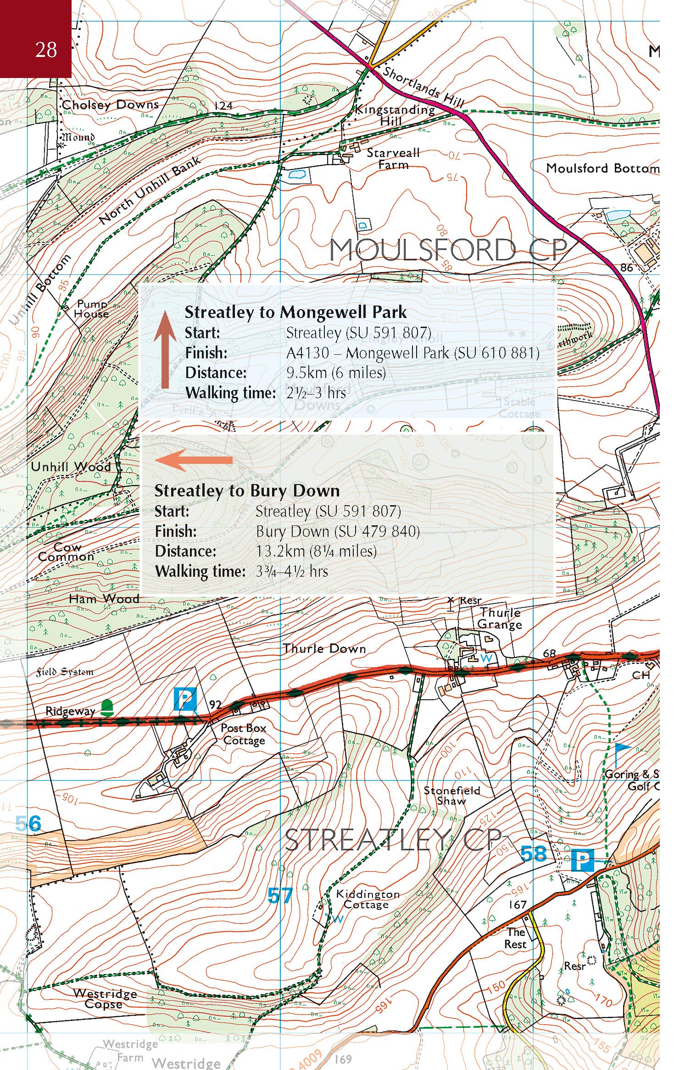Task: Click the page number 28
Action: pos(46,50)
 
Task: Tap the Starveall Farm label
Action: pos(393,159)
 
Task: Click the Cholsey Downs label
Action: pos(110,105)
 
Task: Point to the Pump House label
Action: pos(92,309)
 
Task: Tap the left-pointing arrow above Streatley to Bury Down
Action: pos(194,460)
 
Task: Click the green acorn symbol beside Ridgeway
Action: pos(107,708)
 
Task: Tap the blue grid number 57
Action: pos(279,895)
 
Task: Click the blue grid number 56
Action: pos(28,824)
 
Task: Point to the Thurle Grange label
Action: pos(499,618)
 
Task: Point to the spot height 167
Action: pos(517,905)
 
